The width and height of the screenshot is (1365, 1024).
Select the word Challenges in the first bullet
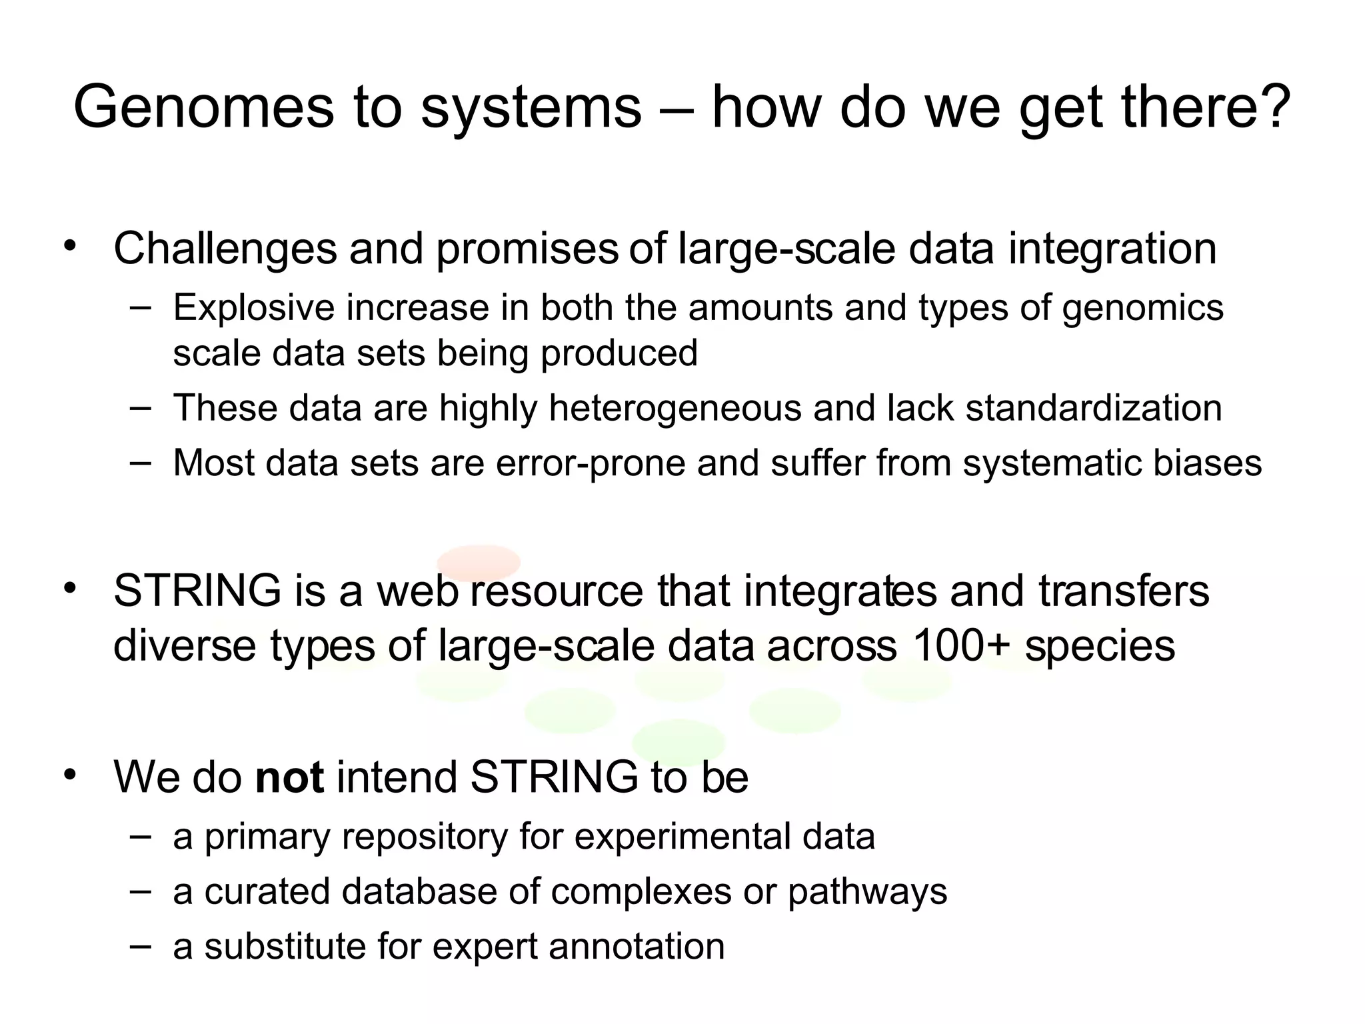225,249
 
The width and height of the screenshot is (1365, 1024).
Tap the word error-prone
590,463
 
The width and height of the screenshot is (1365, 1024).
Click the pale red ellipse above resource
479,561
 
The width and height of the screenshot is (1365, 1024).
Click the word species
1100,647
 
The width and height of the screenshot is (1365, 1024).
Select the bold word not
289,777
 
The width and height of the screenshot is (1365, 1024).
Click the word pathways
867,892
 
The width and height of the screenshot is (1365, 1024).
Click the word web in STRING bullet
417,591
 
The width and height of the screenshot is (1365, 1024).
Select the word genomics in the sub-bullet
1142,308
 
